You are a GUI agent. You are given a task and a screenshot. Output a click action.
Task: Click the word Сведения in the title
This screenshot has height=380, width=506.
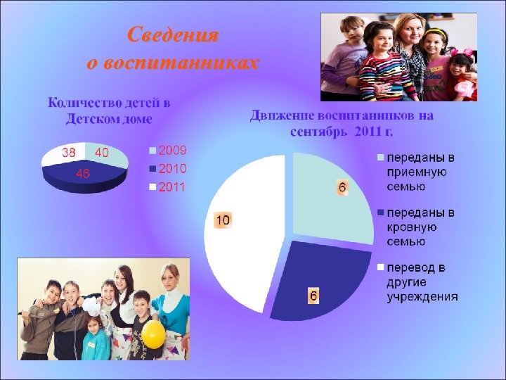coord(174,35)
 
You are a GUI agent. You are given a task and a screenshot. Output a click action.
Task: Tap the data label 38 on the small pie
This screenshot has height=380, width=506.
coord(69,152)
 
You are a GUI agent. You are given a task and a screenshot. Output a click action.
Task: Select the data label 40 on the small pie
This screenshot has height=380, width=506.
coord(102,152)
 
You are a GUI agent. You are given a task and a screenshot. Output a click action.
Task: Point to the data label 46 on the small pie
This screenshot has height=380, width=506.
coord(82,174)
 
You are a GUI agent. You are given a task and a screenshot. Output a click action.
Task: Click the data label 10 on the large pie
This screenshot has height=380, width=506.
coord(222,220)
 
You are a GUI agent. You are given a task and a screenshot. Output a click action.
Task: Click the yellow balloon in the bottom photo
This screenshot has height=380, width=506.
coord(154,334)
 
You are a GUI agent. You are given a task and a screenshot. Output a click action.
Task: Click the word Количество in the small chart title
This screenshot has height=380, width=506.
coord(77,103)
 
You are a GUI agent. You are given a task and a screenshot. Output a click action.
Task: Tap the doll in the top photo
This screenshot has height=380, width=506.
coord(463,77)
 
